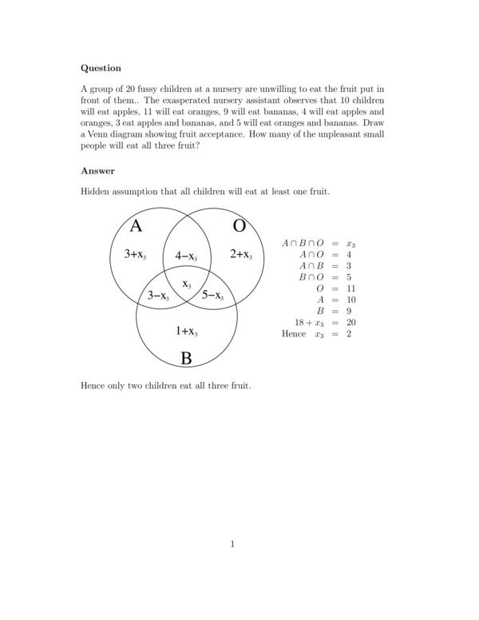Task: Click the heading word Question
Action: tap(101, 69)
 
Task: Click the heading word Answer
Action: tap(97, 170)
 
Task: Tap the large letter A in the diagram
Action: tap(136, 226)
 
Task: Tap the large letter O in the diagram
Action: tap(239, 226)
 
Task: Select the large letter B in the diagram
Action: tap(186, 359)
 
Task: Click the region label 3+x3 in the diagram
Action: tap(135, 255)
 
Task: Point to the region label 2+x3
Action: tap(241, 255)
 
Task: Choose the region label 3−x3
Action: tap(158, 296)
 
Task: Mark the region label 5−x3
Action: tap(212, 296)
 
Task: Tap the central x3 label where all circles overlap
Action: tap(187, 284)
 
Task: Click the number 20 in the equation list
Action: tap(350, 323)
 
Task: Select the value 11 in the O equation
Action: tap(350, 288)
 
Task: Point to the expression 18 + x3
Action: tap(309, 323)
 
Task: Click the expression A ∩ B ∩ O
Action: tap(303, 243)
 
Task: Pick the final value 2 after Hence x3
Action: tap(349, 334)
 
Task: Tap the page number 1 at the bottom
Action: tap(232, 545)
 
